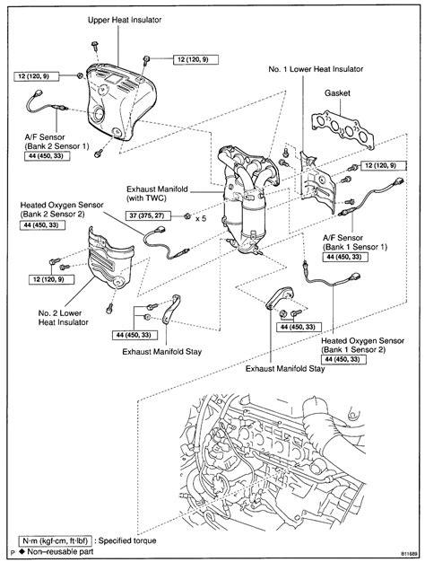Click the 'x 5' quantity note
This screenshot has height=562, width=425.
(202, 216)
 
